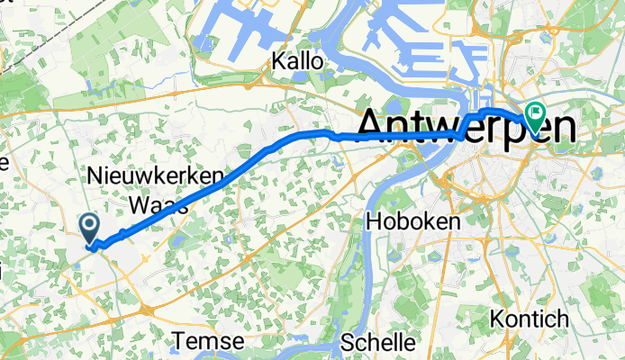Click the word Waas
[x=159, y=205]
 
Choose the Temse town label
[x=209, y=342]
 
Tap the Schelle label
[x=378, y=343]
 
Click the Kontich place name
[x=530, y=319]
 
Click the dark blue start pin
[x=89, y=227]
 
